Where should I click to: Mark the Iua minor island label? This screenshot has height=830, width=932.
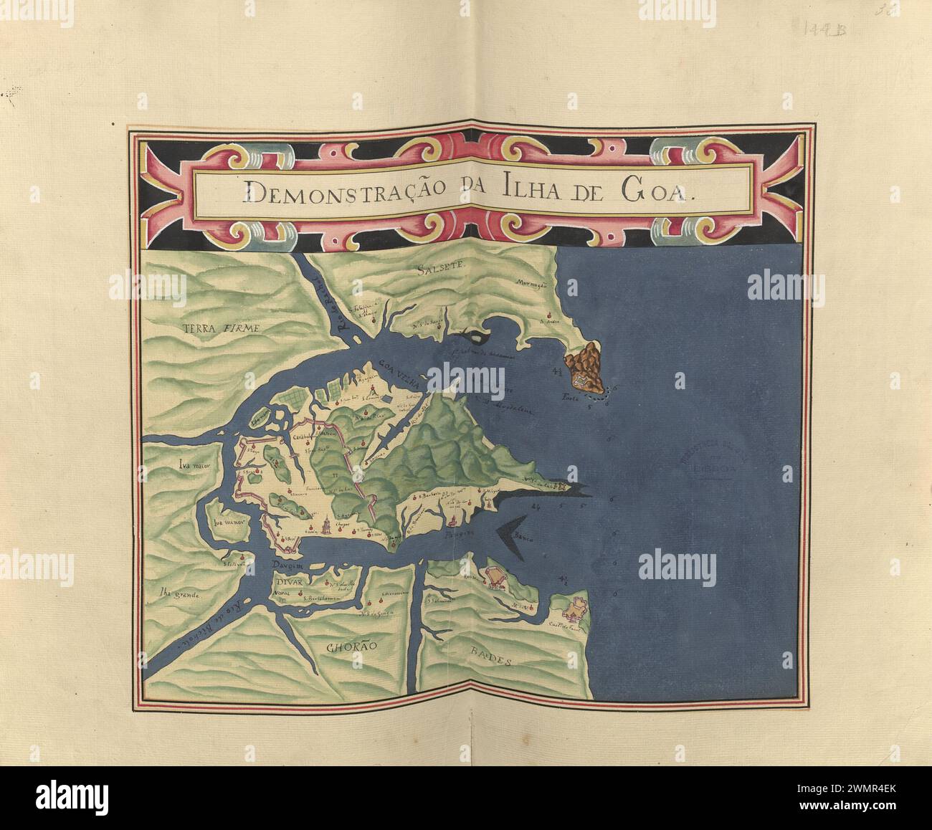click(x=229, y=522)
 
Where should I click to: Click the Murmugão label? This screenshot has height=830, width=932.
click(x=531, y=285)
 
